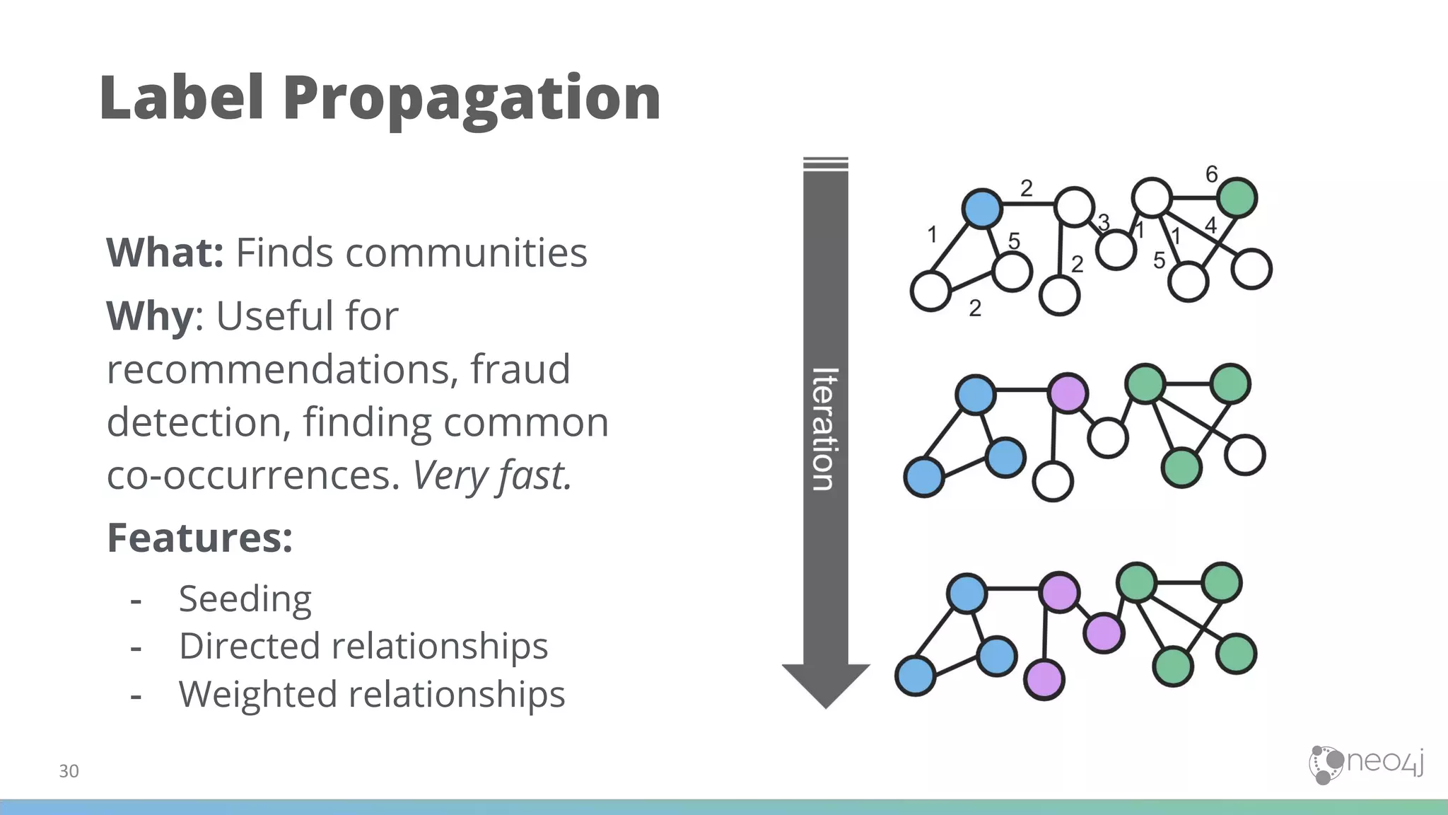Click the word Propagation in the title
tap(472, 99)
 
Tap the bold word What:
tap(165, 253)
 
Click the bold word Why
tap(149, 316)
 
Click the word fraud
tap(520, 369)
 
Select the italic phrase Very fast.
tap(492, 475)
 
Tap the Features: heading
tap(199, 538)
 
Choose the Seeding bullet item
tap(245, 599)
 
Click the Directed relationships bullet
tap(363, 646)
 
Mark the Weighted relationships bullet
tap(371, 694)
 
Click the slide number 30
tap(69, 771)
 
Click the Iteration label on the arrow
tap(825, 429)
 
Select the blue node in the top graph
tap(982, 209)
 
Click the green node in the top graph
tap(1239, 197)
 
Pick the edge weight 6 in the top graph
tap(1212, 174)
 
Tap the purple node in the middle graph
tap(1068, 393)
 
